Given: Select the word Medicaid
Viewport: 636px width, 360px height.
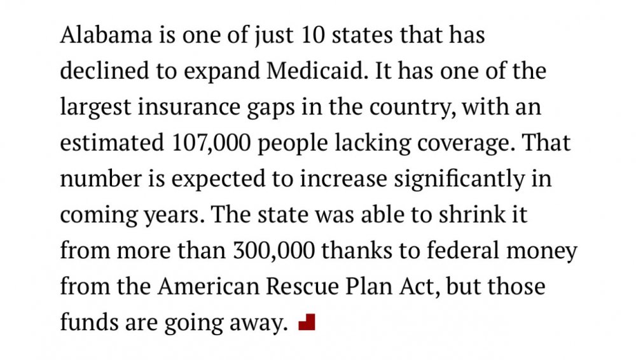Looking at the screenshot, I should [x=317, y=71].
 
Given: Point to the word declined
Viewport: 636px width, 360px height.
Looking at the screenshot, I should [x=104, y=71].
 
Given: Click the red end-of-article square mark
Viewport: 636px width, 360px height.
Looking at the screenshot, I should [x=307, y=323].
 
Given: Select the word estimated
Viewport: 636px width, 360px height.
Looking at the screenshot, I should [x=112, y=143].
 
